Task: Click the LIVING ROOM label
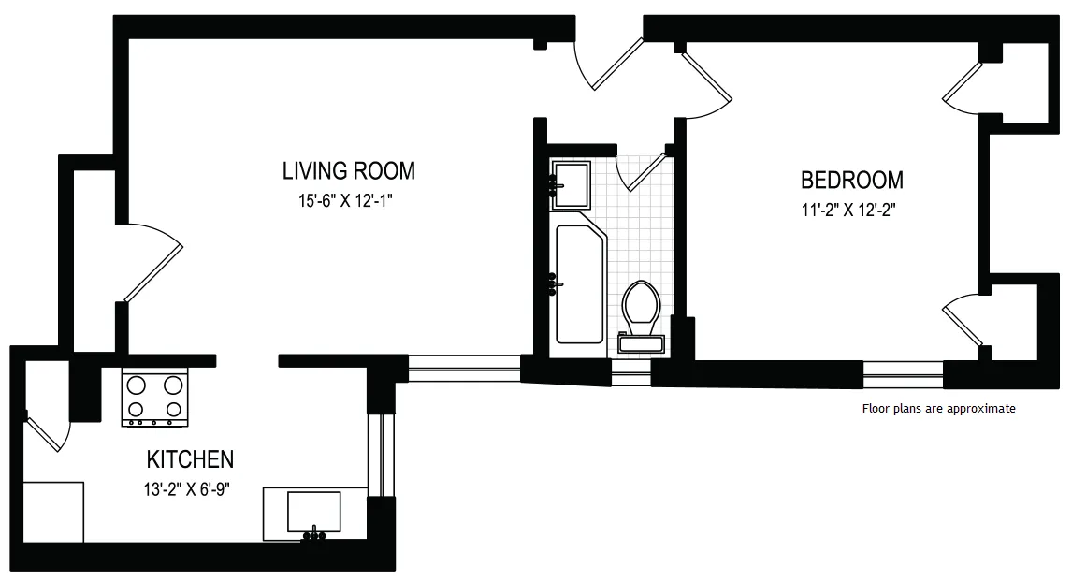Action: tap(348, 171)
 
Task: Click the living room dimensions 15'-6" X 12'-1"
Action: tap(348, 200)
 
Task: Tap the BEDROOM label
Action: tap(851, 180)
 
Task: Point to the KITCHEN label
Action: tap(190, 459)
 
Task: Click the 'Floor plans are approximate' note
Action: tap(937, 409)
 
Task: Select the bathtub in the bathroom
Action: tap(580, 283)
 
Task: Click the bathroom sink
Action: tap(570, 183)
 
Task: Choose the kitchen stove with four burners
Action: tap(154, 397)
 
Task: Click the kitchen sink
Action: tap(313, 512)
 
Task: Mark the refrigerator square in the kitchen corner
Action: tap(52, 511)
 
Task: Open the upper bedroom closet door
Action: tap(963, 86)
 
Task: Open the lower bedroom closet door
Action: tap(963, 324)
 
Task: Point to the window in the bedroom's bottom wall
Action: tap(903, 374)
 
